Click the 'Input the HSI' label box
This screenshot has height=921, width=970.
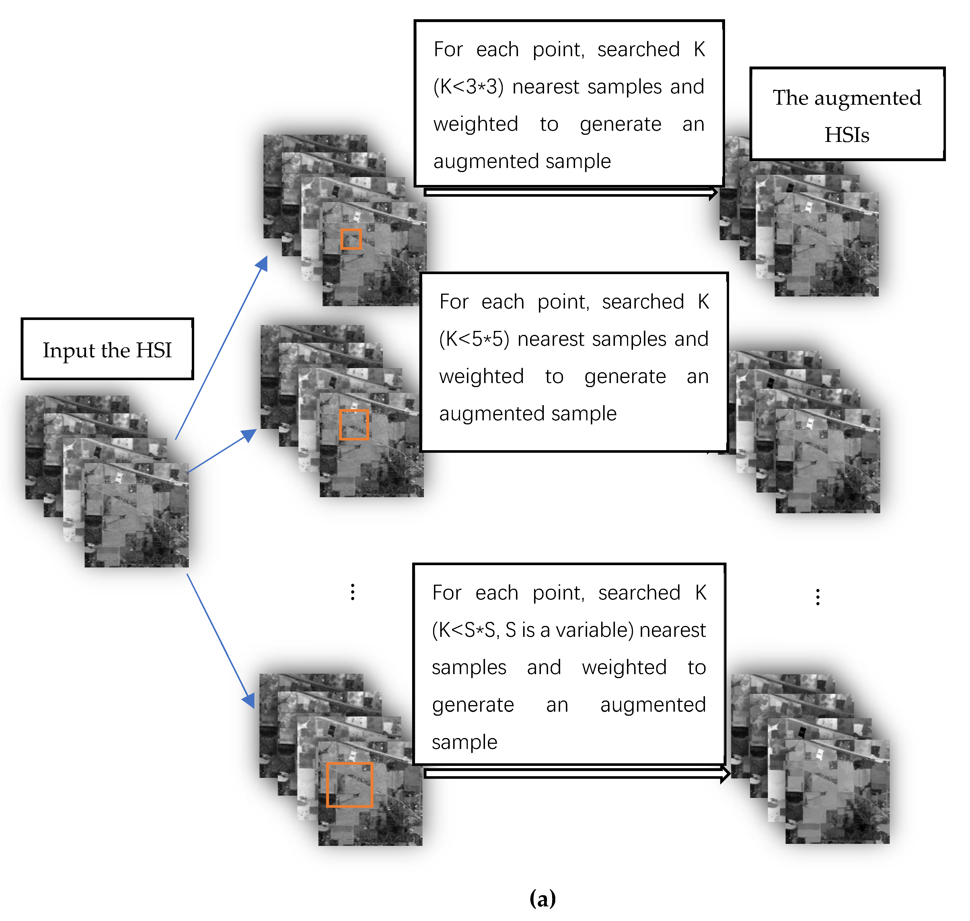[x=107, y=349]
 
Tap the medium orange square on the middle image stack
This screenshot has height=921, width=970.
[x=354, y=425]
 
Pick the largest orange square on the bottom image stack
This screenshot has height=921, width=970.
[x=350, y=785]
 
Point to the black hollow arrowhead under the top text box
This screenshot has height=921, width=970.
[x=713, y=193]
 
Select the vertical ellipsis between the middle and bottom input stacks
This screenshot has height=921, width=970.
[x=353, y=592]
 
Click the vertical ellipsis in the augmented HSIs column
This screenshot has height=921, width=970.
[x=818, y=597]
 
